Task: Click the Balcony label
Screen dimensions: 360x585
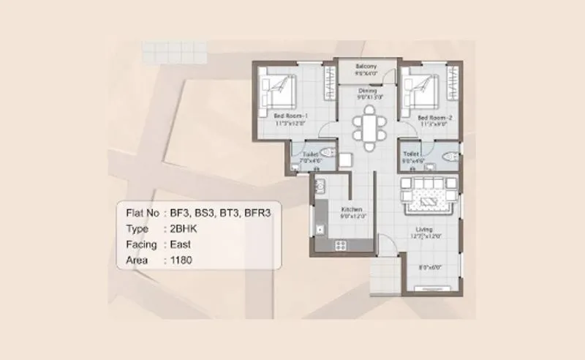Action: click(366, 66)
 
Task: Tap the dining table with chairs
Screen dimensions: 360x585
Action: click(368, 125)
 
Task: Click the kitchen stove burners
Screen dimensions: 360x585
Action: click(341, 243)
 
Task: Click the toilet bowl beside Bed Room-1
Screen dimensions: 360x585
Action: click(328, 154)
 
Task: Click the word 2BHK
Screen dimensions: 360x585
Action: click(184, 229)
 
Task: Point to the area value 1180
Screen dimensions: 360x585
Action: click(181, 260)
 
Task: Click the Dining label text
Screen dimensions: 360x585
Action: click(367, 90)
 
